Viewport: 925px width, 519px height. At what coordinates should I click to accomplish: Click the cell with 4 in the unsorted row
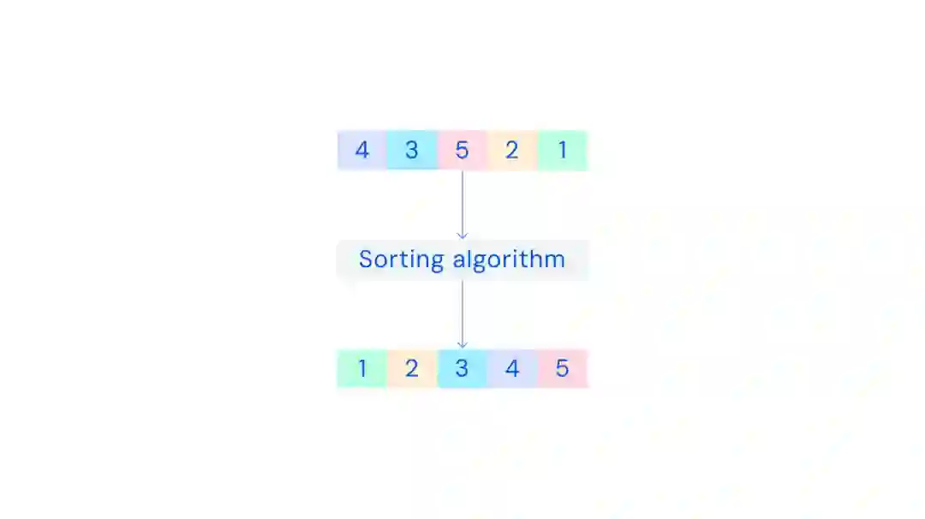(361, 151)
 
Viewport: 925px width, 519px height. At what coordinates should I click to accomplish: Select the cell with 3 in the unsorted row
(412, 151)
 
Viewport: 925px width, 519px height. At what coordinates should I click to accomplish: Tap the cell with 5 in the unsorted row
(462, 151)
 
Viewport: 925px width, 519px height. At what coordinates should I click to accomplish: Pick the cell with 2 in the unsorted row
(512, 151)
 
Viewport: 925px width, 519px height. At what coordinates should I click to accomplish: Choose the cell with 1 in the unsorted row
(563, 151)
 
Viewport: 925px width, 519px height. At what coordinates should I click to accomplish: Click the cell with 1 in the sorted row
(361, 368)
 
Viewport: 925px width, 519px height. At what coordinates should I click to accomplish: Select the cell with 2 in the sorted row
(412, 368)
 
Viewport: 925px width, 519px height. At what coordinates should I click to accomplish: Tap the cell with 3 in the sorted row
(462, 368)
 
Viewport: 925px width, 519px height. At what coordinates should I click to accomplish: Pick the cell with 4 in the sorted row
(512, 368)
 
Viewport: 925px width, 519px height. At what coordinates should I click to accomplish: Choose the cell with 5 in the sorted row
(563, 368)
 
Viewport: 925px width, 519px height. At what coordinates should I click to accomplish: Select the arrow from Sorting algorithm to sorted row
(462, 313)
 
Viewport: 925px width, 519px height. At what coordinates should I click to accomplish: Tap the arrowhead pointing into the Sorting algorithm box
(462, 235)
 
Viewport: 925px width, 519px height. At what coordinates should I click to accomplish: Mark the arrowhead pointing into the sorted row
(462, 344)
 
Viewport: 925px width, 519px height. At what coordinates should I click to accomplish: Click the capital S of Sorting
(366, 259)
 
